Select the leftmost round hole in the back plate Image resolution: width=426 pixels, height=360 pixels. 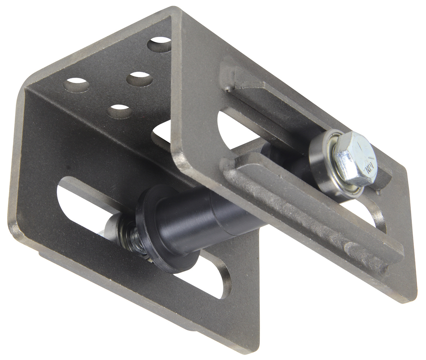(x=76, y=85)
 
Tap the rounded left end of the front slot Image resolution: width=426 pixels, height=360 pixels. (x=68, y=194)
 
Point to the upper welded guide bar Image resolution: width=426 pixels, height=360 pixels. (x=266, y=104)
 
